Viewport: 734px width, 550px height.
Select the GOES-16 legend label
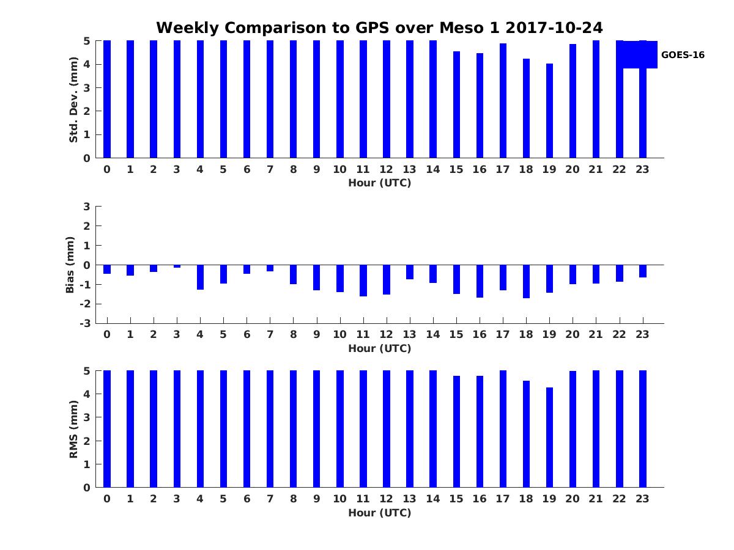(x=683, y=55)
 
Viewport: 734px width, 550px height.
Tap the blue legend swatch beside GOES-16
(x=637, y=55)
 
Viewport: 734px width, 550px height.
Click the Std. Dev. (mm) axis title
(x=73, y=100)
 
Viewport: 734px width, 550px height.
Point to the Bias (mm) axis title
(x=70, y=265)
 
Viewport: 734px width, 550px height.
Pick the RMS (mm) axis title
(x=73, y=429)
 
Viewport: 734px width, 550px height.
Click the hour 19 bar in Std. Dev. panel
(x=549, y=111)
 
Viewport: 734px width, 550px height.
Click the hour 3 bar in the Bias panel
(x=177, y=266)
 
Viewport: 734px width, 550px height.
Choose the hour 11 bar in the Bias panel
(x=363, y=280)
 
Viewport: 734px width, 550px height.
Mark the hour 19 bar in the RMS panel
(x=549, y=438)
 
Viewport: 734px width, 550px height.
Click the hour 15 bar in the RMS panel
(x=456, y=431)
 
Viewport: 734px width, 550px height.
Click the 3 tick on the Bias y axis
(x=87, y=207)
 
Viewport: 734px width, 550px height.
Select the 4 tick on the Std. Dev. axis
(x=87, y=64)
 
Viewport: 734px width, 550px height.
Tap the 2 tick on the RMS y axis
(x=87, y=441)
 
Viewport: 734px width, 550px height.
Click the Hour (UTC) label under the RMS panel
(x=379, y=513)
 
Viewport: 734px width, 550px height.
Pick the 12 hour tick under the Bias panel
(x=386, y=334)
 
